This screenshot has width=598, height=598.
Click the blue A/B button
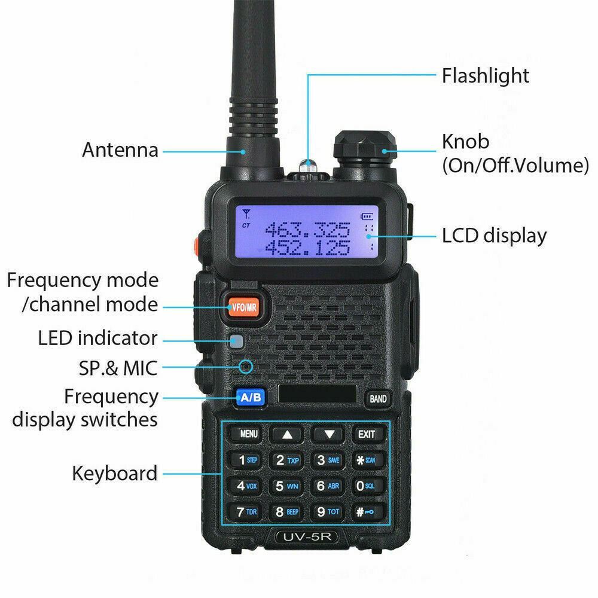click(x=248, y=396)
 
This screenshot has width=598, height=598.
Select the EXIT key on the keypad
click(x=367, y=434)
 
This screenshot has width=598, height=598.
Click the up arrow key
click(x=288, y=435)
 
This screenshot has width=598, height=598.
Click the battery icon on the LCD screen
click(x=365, y=216)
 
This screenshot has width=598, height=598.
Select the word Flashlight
click(x=485, y=76)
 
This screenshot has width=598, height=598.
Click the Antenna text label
click(x=121, y=149)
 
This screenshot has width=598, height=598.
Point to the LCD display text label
click(x=494, y=236)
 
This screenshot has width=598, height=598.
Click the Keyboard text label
click(x=115, y=473)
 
